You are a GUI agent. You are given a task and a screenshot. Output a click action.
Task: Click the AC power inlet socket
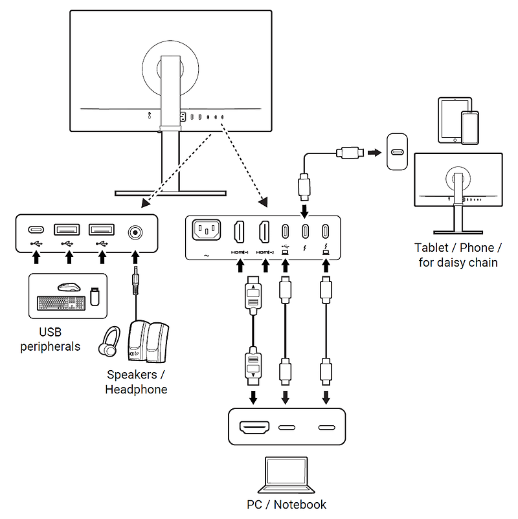point(207,230)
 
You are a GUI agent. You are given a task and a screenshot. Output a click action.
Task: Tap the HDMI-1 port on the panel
point(239,232)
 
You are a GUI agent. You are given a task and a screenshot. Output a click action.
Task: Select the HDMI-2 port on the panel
point(264,232)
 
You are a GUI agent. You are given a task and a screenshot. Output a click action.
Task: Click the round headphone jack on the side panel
point(135,232)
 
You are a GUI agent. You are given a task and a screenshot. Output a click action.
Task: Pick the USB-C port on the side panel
point(36,229)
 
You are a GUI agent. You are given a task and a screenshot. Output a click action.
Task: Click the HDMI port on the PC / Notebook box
point(254,427)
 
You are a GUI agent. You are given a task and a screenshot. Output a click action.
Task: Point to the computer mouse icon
point(69,287)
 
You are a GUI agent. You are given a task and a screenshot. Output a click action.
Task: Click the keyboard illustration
point(61,304)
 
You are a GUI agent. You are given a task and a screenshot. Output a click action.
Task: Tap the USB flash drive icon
point(95,296)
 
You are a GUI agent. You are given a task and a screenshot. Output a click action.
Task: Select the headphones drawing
point(109,342)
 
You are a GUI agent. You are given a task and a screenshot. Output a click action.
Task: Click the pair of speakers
point(148,341)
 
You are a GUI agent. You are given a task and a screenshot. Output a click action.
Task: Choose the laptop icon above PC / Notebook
point(286,475)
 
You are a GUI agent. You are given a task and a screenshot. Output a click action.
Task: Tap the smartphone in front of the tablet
point(470,127)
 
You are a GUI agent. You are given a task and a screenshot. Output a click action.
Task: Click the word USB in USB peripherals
point(51,332)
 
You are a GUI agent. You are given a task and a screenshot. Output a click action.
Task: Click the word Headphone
point(136,390)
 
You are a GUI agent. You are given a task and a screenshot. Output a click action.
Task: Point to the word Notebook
point(300,504)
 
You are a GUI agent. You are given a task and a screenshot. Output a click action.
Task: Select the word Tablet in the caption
point(431,248)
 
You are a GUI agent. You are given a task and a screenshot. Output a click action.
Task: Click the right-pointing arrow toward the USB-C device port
point(375,153)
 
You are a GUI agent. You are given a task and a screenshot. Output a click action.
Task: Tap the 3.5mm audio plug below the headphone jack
point(135,280)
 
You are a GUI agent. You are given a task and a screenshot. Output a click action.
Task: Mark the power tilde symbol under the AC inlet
point(207,256)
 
